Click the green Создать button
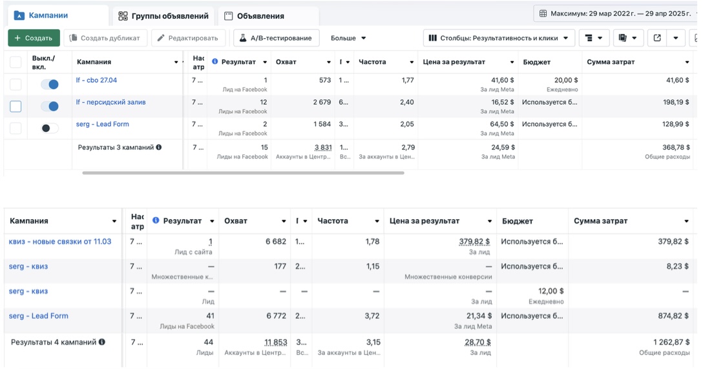[x=34, y=38]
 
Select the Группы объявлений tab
[x=163, y=16]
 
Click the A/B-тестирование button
[x=277, y=38]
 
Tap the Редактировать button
[x=189, y=38]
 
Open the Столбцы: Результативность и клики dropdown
[x=499, y=38]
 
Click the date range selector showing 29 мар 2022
[x=617, y=13]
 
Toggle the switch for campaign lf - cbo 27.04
[x=50, y=85]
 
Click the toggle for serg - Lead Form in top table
[x=50, y=129]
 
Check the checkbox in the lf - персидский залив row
[x=16, y=107]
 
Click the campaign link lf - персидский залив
[x=110, y=102]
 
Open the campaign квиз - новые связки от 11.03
[x=60, y=242]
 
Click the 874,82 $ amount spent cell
[x=673, y=316]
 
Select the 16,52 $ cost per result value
[x=503, y=102]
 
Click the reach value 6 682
[x=275, y=242]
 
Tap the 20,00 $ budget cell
[x=566, y=80]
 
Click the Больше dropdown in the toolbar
[x=348, y=38]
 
